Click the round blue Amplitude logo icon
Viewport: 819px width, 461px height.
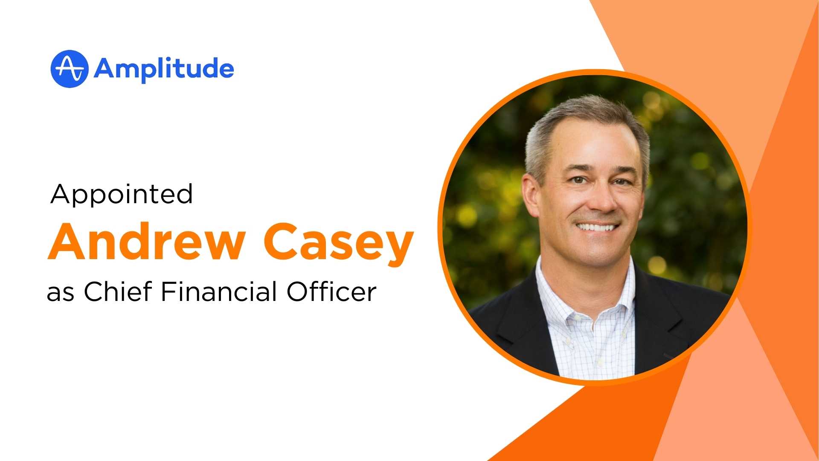69,69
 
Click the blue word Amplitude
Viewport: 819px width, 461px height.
164,69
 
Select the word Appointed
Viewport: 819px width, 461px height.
122,194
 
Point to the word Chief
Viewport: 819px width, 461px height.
118,292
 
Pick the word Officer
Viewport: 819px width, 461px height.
331,292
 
